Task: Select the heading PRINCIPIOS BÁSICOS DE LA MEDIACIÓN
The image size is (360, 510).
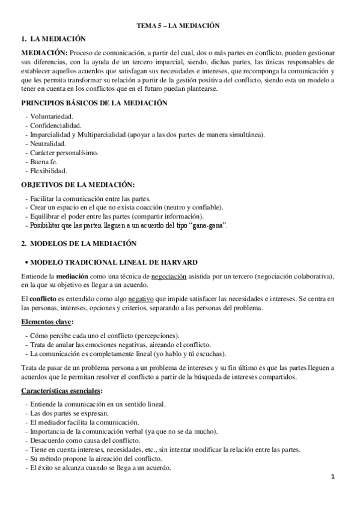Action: (x=94, y=103)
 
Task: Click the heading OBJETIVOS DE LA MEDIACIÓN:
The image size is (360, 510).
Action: (x=78, y=184)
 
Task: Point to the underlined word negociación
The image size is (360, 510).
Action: (x=169, y=275)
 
